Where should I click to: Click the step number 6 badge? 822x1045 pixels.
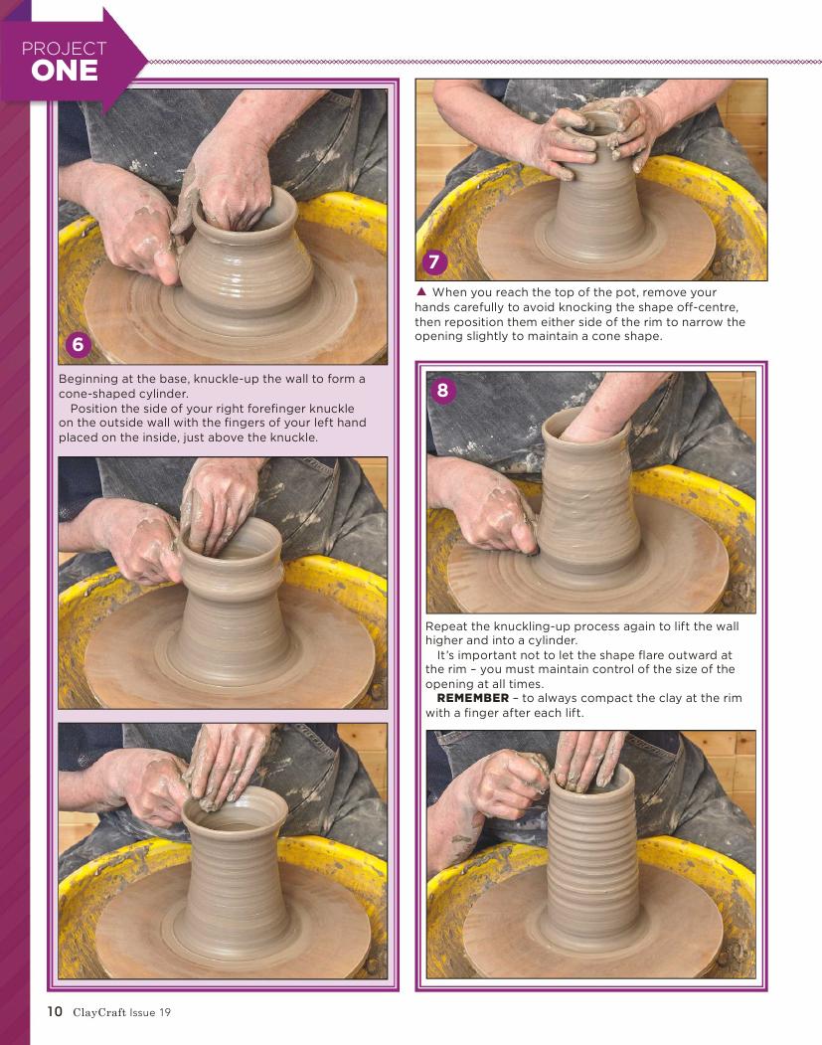pos(78,344)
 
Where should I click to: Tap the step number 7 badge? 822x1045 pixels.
pos(434,261)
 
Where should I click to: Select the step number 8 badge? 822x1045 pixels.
pos(443,390)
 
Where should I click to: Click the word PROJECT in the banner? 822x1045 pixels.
pos(64,49)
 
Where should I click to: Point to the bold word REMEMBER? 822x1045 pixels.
pos(473,698)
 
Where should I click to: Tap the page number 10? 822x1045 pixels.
pos(55,1011)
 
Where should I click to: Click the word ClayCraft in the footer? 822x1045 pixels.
pos(99,1012)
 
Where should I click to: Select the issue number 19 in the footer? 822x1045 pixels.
pos(165,1012)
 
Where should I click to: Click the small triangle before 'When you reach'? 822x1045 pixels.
pos(421,292)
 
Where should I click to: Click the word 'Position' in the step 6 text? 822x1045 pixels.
pos(96,409)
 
